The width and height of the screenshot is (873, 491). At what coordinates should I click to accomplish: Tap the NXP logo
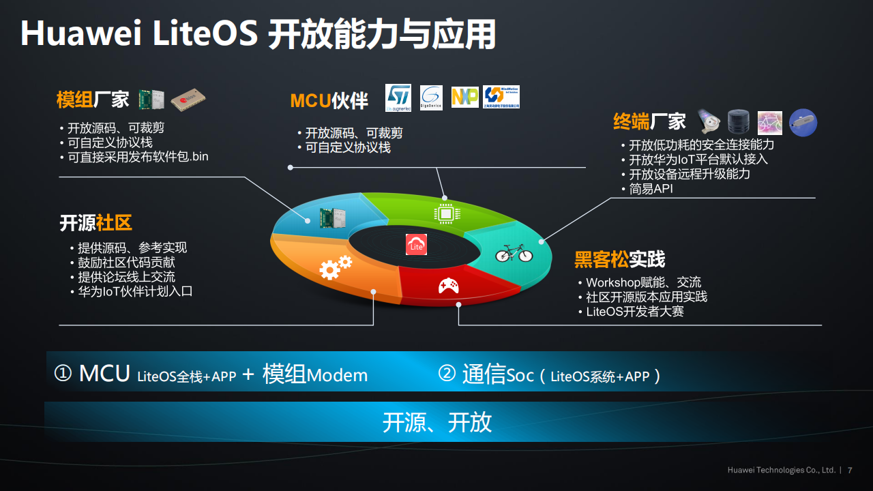465,98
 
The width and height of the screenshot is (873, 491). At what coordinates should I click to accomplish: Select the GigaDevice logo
431,98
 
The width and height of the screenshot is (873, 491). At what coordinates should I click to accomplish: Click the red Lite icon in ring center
416,245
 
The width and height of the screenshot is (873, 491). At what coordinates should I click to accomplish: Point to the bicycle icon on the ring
514,252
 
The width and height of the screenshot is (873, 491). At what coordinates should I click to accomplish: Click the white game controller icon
448,286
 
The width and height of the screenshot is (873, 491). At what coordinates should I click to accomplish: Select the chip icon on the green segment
445,213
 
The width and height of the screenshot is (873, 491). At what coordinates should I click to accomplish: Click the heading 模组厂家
93,100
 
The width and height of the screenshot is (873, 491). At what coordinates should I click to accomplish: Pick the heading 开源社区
95,223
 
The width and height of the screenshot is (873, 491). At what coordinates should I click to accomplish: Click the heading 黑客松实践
619,260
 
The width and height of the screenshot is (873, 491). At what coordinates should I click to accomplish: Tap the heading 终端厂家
649,122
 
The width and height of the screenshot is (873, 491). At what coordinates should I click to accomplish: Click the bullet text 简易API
651,189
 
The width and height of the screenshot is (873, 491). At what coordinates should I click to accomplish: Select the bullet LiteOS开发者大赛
635,312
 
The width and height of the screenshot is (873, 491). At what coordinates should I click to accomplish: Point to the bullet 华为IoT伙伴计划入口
135,291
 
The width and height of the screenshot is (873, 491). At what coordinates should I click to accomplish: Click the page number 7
850,470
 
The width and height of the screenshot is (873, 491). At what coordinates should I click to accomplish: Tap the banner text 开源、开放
436,422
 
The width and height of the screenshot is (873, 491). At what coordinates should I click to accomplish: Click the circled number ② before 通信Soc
446,374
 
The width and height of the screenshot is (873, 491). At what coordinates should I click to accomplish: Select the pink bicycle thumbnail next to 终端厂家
770,123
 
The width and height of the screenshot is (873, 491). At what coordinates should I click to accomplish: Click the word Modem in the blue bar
337,375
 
